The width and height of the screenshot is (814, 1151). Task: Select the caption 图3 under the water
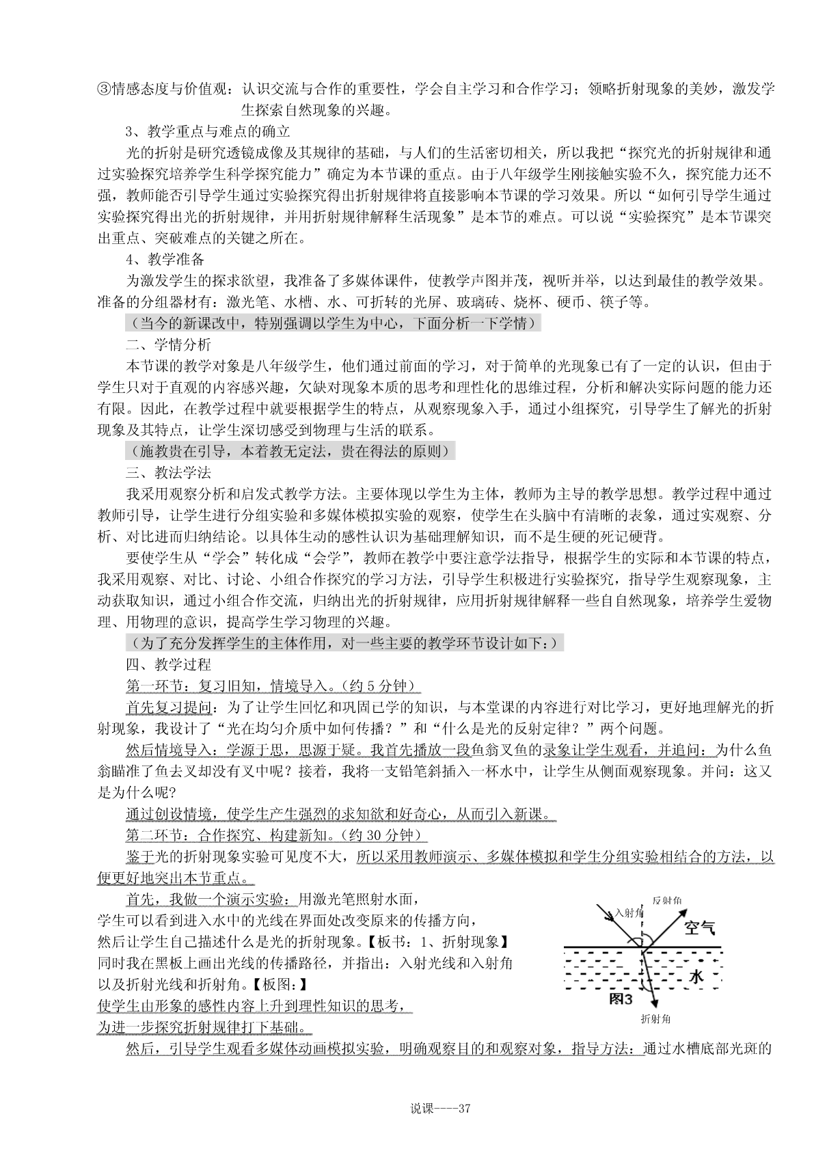click(x=621, y=998)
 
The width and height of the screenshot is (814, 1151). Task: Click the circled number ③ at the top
click(x=104, y=90)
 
